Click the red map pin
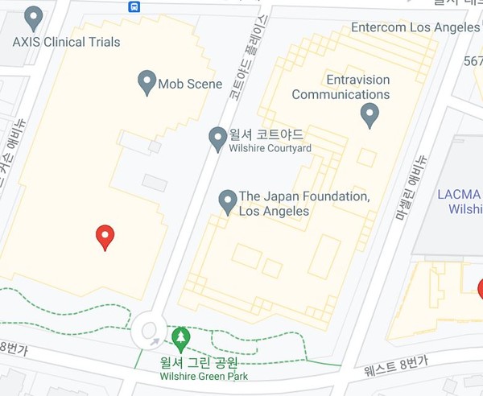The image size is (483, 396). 105,237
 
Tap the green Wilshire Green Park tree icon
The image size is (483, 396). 181,337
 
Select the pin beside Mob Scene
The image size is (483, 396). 147,82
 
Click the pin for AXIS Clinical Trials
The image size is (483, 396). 34,17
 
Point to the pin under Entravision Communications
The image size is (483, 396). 369,115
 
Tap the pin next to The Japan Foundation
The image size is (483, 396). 228,201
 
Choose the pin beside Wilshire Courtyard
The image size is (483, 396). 217,138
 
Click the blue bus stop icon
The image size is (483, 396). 134,6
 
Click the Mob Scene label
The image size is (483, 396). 190,84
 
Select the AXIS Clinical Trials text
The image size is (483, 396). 66,41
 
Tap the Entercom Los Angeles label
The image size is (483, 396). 415,27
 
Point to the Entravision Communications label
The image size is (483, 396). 341,87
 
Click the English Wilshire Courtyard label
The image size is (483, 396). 270,147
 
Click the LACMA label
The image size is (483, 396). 459,195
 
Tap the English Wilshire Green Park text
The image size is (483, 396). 204,376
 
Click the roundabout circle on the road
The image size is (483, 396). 149,330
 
